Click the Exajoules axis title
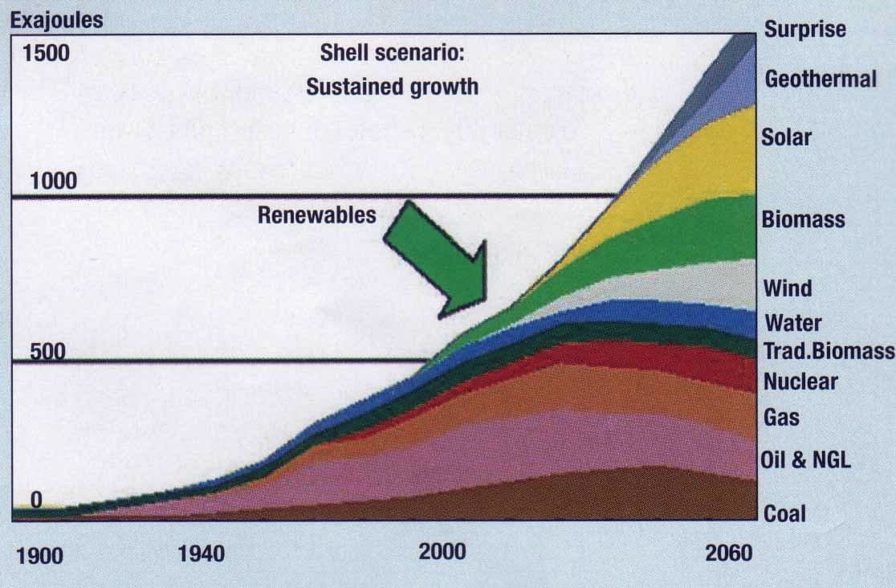click(x=56, y=20)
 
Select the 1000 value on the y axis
click(x=54, y=181)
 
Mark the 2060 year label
click(x=728, y=553)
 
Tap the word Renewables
click(x=317, y=215)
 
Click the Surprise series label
click(x=804, y=30)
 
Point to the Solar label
click(x=787, y=137)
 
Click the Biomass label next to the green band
click(x=803, y=219)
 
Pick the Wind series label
click(x=788, y=288)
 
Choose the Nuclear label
click(x=800, y=382)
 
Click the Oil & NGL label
click(x=805, y=460)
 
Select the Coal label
click(x=784, y=513)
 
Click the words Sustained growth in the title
click(x=392, y=86)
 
